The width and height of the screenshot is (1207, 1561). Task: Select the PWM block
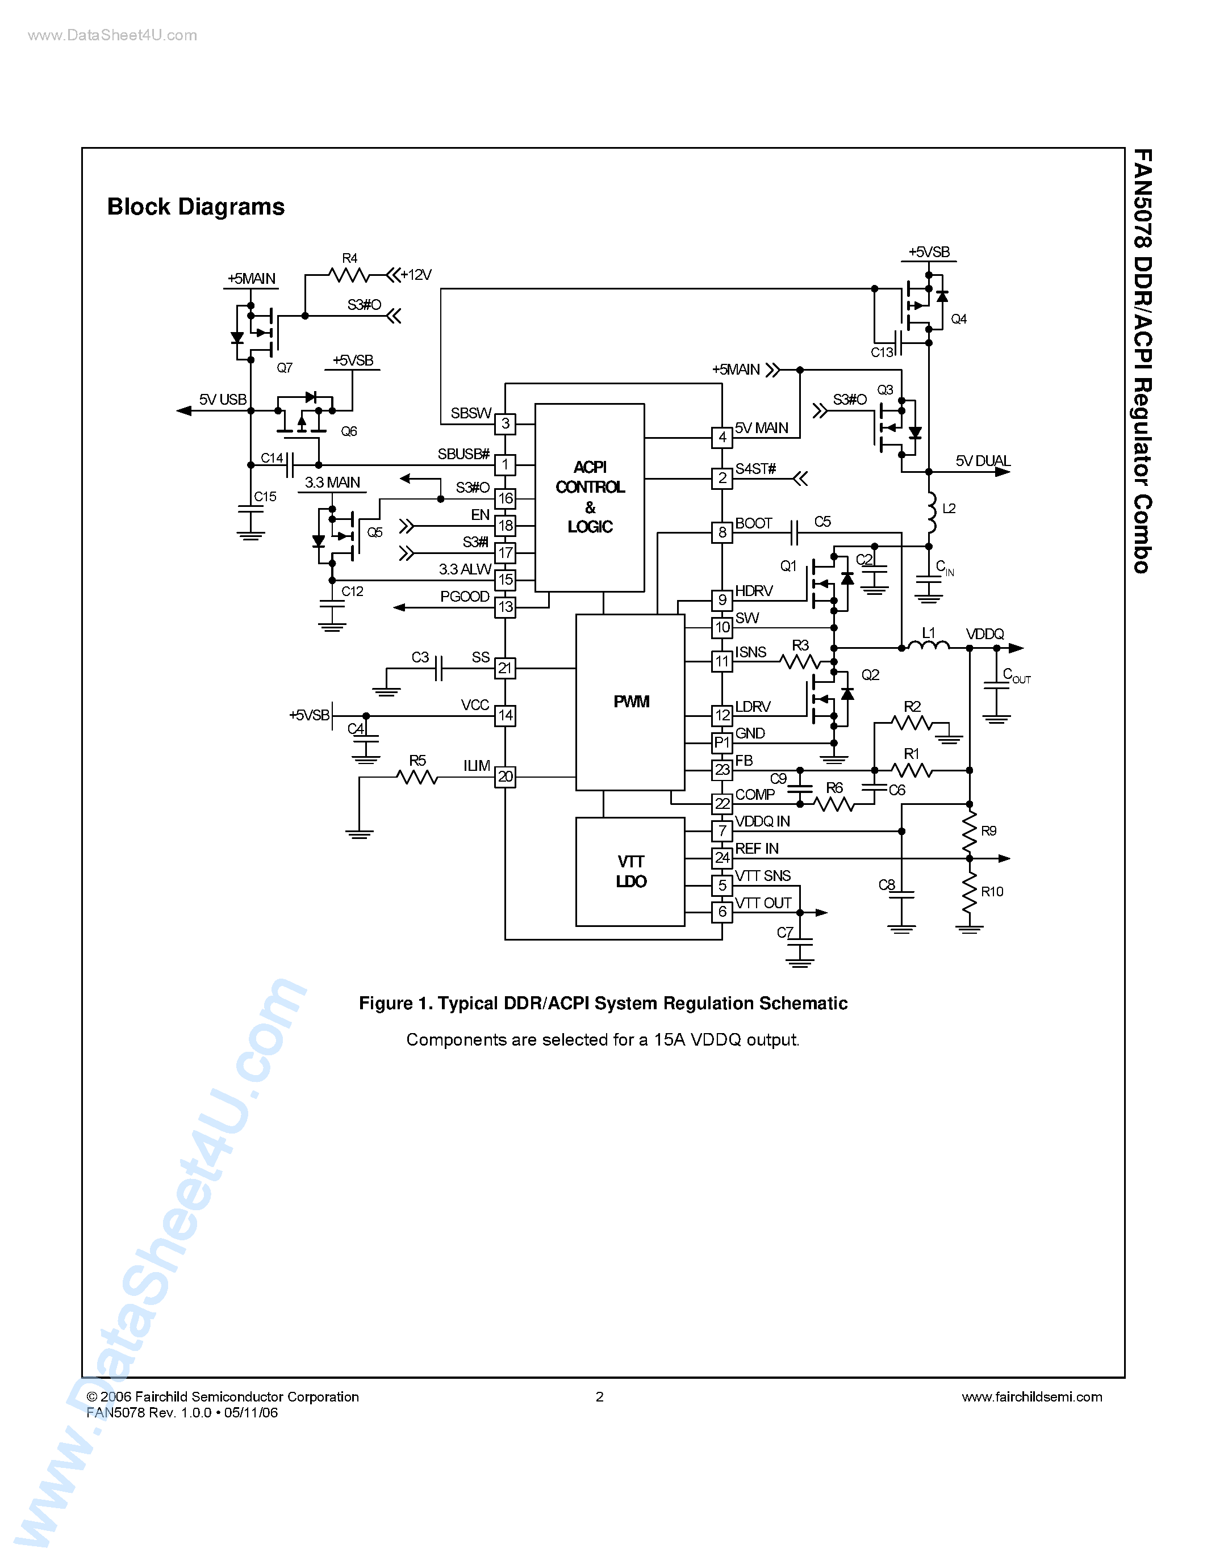pos(630,702)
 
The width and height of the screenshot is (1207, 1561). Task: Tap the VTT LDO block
pos(630,871)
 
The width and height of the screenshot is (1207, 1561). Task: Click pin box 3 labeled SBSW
pos(505,424)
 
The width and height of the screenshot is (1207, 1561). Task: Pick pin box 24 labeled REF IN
pos(722,858)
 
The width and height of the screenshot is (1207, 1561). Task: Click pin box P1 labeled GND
pos(722,742)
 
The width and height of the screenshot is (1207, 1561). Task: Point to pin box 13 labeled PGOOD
pos(505,607)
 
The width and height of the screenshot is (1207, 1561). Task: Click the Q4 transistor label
pos(958,319)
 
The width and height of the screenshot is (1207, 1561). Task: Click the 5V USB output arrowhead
pos(185,410)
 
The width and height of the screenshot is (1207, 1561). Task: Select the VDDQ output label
pos(984,634)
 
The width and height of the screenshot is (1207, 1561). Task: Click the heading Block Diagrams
pos(196,207)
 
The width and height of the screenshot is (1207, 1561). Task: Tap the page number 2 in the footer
pos(599,1396)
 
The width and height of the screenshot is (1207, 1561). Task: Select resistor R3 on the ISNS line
pos(801,662)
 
